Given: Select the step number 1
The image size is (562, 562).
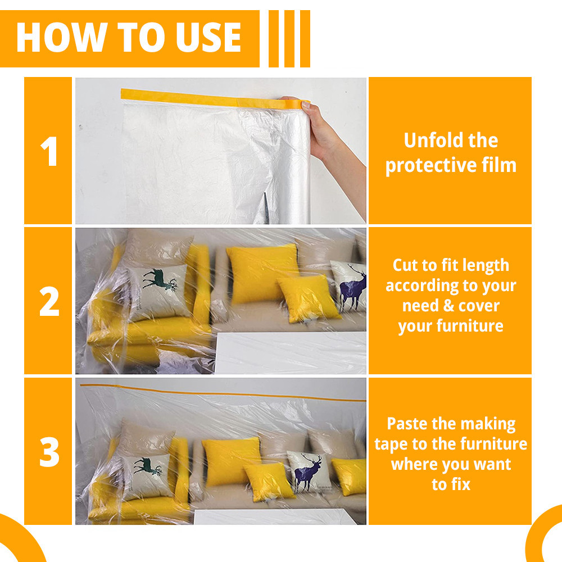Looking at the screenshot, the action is click(x=49, y=151).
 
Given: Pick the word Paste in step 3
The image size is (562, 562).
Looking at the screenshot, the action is click(x=407, y=424).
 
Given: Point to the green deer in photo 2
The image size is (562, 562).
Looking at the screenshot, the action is click(x=159, y=279).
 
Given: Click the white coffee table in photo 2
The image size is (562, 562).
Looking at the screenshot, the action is click(x=291, y=353).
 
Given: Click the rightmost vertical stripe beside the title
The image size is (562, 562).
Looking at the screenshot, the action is click(x=305, y=39).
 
